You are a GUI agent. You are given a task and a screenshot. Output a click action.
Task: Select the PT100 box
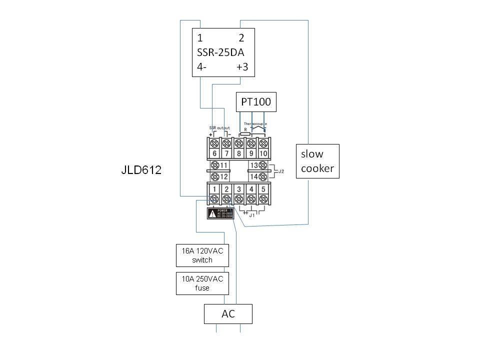tap(256, 102)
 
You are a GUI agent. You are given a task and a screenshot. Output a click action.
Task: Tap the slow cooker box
tap(317, 161)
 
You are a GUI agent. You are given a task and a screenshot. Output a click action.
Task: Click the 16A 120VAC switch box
tap(202, 255)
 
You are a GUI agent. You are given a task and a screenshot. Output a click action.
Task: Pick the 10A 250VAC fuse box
tap(202, 283)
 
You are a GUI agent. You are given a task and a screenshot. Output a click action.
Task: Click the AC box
tap(228, 314)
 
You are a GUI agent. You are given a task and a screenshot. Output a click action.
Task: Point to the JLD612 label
tap(141, 170)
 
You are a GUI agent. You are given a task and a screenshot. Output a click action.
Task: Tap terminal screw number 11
tap(214, 165)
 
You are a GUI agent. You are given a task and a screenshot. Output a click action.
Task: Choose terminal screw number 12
tap(214, 176)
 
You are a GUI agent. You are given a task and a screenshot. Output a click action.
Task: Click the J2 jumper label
tap(281, 171)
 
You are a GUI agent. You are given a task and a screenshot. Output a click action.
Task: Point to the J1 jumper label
tap(252, 215)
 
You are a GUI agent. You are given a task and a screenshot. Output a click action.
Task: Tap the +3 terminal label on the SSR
tap(242, 67)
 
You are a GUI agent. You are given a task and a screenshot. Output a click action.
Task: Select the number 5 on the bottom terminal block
tap(263, 189)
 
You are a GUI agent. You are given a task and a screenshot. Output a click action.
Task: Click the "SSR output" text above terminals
tap(219, 128)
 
